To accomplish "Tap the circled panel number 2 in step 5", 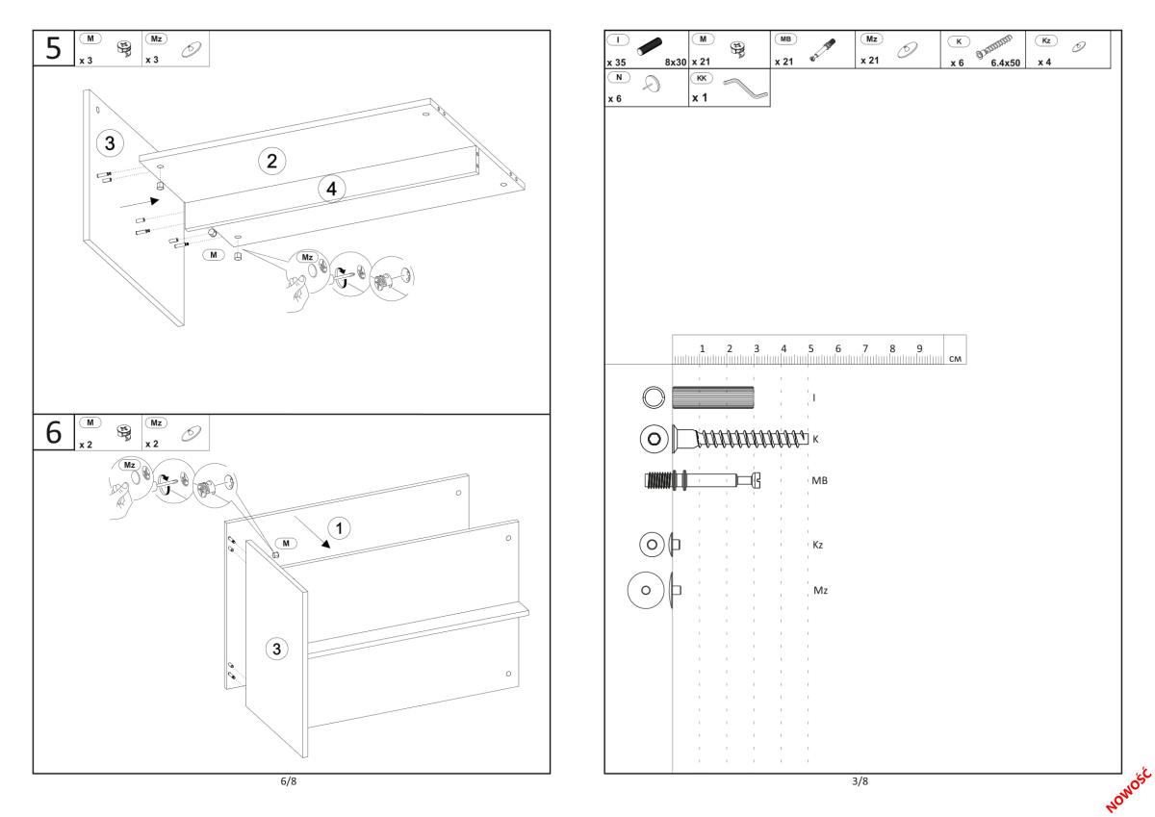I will (x=271, y=161).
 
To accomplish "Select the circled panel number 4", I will (x=331, y=190).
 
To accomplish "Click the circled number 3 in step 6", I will (x=277, y=649).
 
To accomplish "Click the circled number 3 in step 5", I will (x=110, y=144).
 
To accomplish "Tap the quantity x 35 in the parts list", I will (x=616, y=63).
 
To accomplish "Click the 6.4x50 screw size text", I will (x=1006, y=63).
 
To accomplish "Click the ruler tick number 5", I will (x=810, y=348).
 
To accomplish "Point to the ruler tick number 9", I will (x=919, y=348).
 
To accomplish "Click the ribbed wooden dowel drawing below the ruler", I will (x=713, y=396).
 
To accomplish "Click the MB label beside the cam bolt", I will (x=820, y=479).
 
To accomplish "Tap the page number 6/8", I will (x=287, y=780).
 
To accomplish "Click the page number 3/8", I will (x=859, y=780).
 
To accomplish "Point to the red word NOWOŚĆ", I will (x=1130, y=789).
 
